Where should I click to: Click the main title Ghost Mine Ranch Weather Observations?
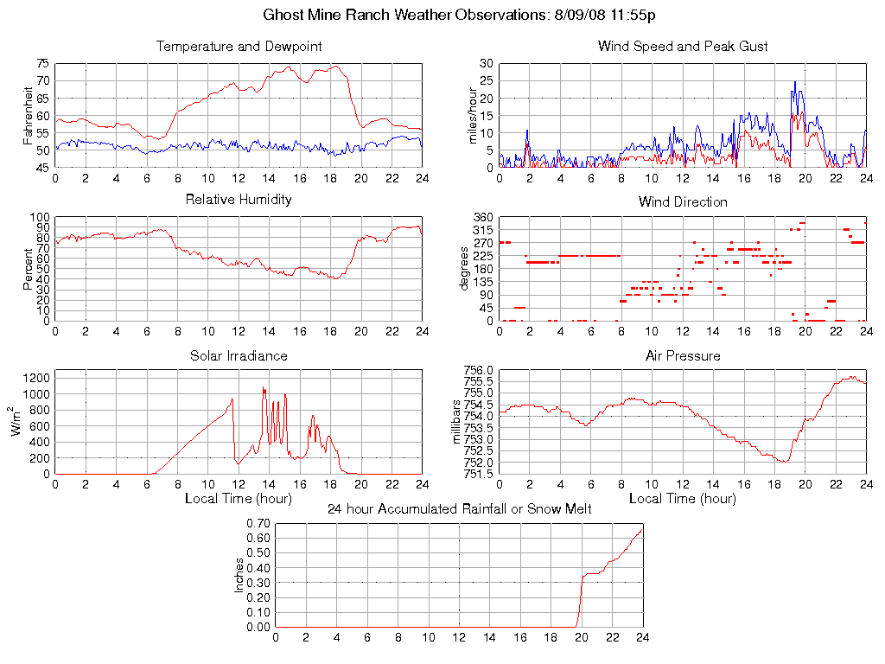pos(459,16)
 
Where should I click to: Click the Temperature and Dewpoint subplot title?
pos(239,47)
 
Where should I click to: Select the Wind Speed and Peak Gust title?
pos(683,47)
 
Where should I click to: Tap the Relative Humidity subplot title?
pos(239,200)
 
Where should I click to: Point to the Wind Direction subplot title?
pos(683,202)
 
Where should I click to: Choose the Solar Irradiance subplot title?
pos(239,355)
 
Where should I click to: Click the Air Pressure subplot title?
pos(683,355)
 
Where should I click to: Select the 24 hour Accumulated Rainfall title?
pos(459,509)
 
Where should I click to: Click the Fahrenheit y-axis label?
pos(29,115)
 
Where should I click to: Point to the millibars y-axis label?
pos(460,422)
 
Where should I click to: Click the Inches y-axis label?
pos(239,575)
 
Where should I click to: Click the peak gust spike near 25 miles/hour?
pos(795,82)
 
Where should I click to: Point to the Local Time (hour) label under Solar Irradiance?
pos(239,499)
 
